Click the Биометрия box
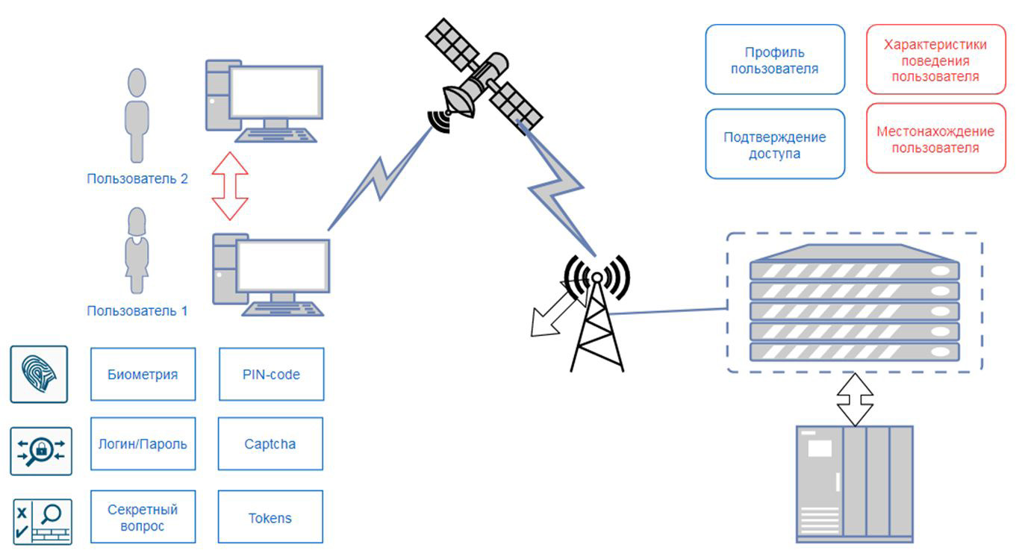pos(143,374)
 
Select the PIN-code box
pos(271,374)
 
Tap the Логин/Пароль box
pos(143,444)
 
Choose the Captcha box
pos(270,444)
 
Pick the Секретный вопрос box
pos(143,517)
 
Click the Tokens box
pos(270,517)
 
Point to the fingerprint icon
pos(39,374)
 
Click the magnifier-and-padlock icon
pos(41,451)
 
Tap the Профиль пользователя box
pos(775,60)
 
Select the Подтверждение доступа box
pos(775,145)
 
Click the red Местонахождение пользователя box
pos(935,139)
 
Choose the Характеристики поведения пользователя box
pos(935,60)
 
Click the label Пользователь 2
pos(137,179)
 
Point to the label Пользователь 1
pos(137,310)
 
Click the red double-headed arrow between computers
pos(229,186)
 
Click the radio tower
pos(597,321)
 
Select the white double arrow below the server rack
pos(854,400)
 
